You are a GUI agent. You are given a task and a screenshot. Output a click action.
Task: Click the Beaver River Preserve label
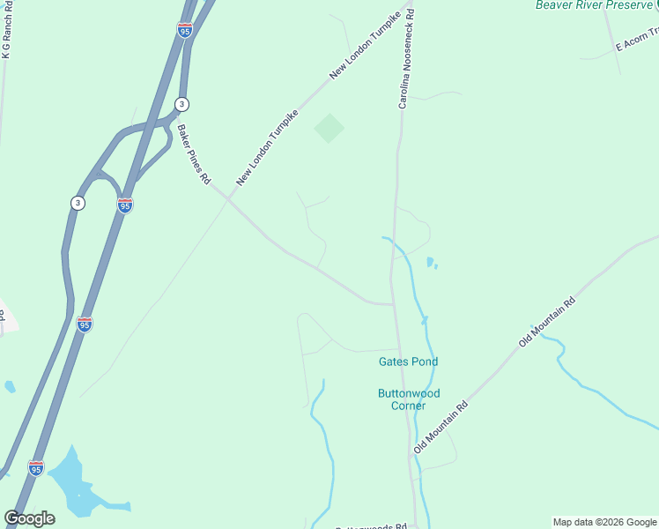coord(594,5)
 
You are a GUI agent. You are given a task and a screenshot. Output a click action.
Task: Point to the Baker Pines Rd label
coord(194,154)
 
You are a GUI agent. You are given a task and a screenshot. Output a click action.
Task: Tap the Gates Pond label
coord(408,361)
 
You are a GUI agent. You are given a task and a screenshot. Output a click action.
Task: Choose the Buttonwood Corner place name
coord(408,399)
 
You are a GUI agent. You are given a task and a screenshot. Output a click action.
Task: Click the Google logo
coord(29,518)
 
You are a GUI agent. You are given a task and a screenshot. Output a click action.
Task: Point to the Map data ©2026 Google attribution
coord(605,522)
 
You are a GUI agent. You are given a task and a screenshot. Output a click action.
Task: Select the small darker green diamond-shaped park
coord(329,129)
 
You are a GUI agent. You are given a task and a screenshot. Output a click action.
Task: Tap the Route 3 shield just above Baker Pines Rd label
coord(181,104)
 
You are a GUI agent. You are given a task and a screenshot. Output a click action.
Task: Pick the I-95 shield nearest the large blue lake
coord(36,466)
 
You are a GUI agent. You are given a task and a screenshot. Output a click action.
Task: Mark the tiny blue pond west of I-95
coord(10,386)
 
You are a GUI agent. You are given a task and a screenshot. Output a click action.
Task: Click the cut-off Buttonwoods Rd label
coord(374,525)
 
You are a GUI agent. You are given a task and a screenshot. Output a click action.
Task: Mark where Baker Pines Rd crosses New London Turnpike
coord(229,198)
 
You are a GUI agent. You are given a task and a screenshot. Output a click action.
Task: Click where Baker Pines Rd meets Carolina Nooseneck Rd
coord(392,304)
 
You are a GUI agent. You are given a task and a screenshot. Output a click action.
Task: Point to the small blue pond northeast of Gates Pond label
coord(430,262)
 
